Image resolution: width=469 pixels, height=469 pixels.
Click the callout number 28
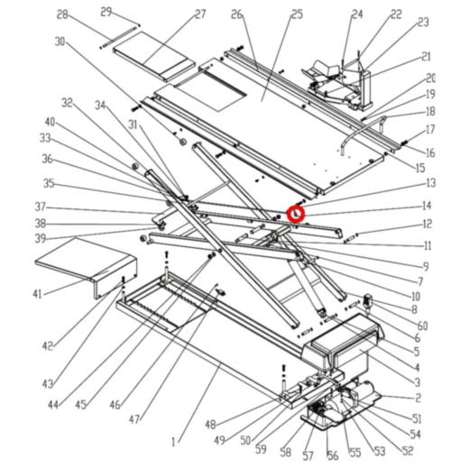coord(62,14)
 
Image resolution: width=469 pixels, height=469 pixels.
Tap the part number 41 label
coord(37,294)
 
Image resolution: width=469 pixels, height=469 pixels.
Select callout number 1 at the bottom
coord(173,442)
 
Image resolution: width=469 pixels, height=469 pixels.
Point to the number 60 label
coord(422,326)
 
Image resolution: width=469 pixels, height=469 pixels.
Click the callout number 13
coord(431,183)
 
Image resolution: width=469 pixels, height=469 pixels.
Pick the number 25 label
coord(297,14)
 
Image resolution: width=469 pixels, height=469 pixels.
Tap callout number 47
coord(134,418)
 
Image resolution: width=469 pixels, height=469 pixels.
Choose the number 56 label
coord(333,455)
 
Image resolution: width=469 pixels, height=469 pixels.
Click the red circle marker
coord(296,214)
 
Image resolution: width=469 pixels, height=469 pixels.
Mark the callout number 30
coord(60,41)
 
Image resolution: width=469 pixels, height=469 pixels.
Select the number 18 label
coord(430,112)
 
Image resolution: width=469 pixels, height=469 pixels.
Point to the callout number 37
coord(40,207)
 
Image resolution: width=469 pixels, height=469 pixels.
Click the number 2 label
coord(418,398)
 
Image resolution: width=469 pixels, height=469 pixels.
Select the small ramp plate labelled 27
coord(154,57)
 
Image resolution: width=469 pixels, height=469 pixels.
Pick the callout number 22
coord(396,14)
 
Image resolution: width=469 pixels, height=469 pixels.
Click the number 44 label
coord(53,405)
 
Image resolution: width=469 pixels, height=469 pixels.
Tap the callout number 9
coord(426,266)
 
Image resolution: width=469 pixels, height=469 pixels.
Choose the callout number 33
coord(45,138)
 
